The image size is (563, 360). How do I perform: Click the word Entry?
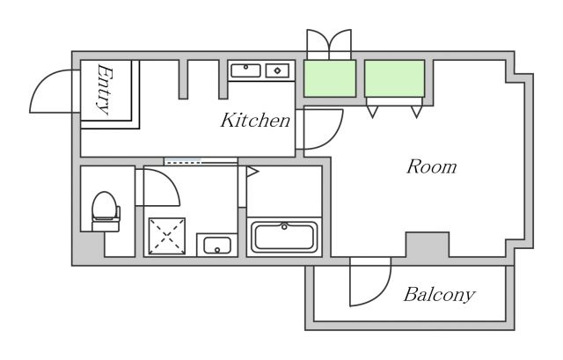[x=104, y=90]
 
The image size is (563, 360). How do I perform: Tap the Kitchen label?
[x=255, y=121]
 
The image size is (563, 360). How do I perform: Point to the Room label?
[x=430, y=166]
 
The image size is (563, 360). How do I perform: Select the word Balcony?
[x=439, y=295]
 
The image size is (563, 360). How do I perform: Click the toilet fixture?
[x=106, y=210]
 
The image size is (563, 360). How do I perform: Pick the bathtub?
[x=284, y=237]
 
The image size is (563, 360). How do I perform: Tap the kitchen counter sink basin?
[x=245, y=70]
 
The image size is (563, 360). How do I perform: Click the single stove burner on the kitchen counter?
[x=277, y=70]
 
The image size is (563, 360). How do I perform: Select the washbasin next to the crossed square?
[x=216, y=245]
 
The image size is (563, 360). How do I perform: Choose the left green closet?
[x=330, y=78]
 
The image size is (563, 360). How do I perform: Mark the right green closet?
[x=395, y=78]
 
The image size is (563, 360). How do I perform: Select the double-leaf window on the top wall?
[x=329, y=44]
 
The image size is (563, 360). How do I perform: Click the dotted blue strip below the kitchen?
[x=200, y=161]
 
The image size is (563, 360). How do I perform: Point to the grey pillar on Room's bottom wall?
[x=427, y=243]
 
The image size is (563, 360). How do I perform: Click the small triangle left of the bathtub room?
[x=252, y=173]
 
